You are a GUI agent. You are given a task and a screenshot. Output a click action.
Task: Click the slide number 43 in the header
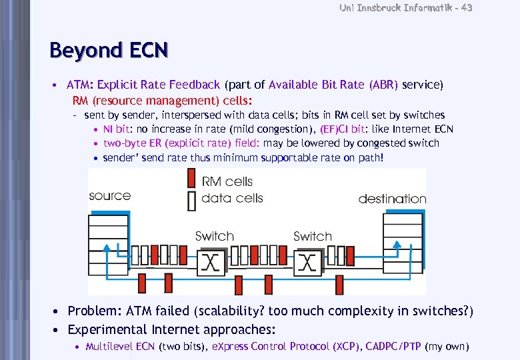tap(465, 7)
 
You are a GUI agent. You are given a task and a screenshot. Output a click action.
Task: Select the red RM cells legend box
tap(191, 179)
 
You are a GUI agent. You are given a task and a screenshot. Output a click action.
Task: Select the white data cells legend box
tap(191, 199)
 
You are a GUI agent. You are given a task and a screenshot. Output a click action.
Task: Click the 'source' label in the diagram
tap(110, 196)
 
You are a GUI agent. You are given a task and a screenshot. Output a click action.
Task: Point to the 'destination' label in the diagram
tap(392, 199)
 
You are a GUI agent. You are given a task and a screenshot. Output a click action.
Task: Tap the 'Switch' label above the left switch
tap(214, 236)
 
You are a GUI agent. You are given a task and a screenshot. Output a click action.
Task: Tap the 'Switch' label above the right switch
tap(312, 236)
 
